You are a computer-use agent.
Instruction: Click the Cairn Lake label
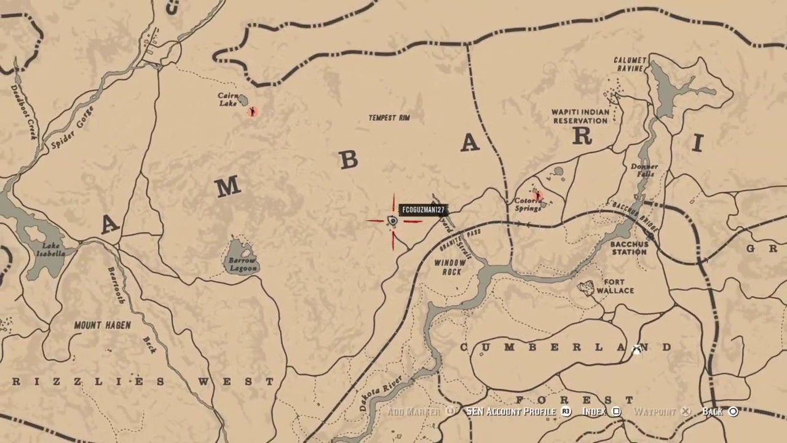[x=228, y=99]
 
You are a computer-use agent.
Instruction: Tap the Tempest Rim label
[x=389, y=118]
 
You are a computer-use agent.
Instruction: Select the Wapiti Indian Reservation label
[x=580, y=116]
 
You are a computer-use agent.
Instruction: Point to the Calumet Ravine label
[x=630, y=64]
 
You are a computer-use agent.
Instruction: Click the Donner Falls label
[x=644, y=170]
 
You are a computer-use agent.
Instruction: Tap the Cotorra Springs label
[x=528, y=204]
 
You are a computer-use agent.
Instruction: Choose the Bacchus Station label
[x=629, y=248]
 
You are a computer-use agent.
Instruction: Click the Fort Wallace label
[x=614, y=286]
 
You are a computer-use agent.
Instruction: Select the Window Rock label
[x=451, y=267]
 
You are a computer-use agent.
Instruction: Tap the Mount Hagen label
[x=102, y=325]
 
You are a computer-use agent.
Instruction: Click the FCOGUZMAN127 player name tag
[x=422, y=210]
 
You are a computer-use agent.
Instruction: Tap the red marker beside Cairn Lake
[x=252, y=111]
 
